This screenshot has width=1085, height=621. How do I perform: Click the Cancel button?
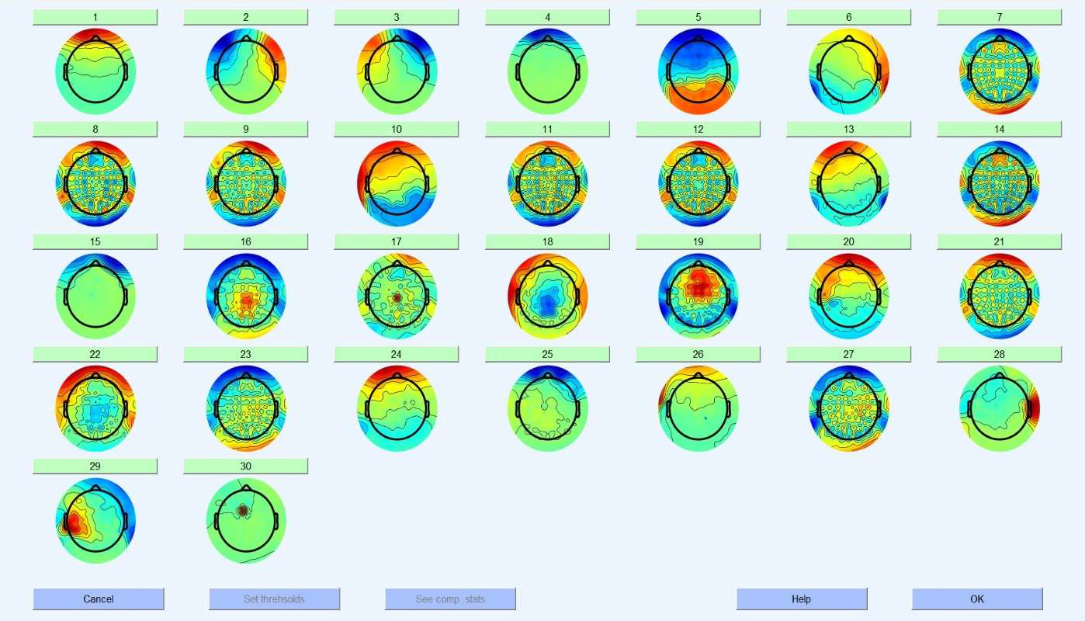point(98,598)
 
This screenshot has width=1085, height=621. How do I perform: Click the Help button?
point(801,598)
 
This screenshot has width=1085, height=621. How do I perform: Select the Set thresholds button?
point(274,598)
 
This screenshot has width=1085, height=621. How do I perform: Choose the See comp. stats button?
point(450,598)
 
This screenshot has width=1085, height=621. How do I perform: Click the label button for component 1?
point(95,17)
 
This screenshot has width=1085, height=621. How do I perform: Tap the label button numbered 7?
point(999,17)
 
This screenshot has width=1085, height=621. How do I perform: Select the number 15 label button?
point(95,241)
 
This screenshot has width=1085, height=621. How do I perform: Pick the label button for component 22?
point(95,354)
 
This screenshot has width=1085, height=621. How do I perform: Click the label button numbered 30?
point(245,466)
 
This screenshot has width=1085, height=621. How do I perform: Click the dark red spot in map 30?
point(242,511)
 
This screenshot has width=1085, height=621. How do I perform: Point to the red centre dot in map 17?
point(396,297)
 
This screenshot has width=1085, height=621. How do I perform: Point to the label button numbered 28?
point(999,354)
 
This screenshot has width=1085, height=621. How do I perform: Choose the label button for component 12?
point(698,129)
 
